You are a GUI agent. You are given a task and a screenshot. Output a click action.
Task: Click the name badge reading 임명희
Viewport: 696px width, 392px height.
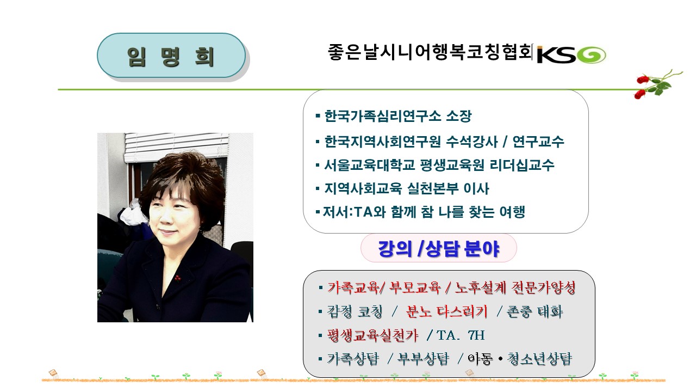point(171,56)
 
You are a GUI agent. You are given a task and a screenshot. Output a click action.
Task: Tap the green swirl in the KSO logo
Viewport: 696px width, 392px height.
point(591,56)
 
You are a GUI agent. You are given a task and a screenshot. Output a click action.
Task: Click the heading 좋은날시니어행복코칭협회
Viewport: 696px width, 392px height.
point(430,52)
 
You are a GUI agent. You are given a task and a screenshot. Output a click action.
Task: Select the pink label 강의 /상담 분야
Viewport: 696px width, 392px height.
point(438,248)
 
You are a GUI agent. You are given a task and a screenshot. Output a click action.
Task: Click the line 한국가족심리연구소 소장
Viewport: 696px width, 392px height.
point(398,116)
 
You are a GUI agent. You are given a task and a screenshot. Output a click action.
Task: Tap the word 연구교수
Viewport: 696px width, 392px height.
point(538,142)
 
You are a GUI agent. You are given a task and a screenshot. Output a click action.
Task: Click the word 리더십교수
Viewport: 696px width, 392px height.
point(522,165)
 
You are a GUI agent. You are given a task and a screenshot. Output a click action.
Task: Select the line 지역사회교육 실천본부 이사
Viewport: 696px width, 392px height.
point(407,188)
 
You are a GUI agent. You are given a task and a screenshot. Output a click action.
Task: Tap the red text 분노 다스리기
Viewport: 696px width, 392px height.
point(447,311)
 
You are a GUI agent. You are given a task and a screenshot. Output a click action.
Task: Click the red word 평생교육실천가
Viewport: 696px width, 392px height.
point(372,335)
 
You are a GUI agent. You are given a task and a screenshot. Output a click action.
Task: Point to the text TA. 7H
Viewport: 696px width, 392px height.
point(461,335)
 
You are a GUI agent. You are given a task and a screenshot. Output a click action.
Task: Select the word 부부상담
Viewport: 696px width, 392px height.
point(424,359)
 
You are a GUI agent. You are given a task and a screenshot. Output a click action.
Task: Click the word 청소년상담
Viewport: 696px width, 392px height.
point(539,359)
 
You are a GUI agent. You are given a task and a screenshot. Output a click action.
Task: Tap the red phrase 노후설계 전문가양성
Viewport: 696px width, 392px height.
point(515,287)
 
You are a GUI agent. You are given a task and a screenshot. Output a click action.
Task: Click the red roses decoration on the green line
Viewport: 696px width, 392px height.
point(656,84)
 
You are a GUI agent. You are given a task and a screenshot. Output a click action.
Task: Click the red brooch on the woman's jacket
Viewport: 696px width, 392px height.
point(177,278)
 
